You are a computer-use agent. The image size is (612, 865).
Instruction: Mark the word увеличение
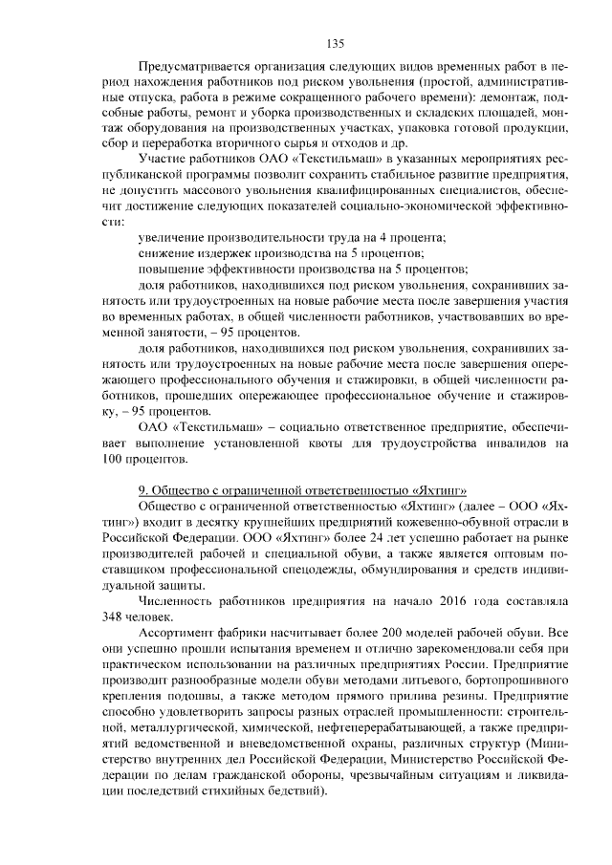coord(174,236)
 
